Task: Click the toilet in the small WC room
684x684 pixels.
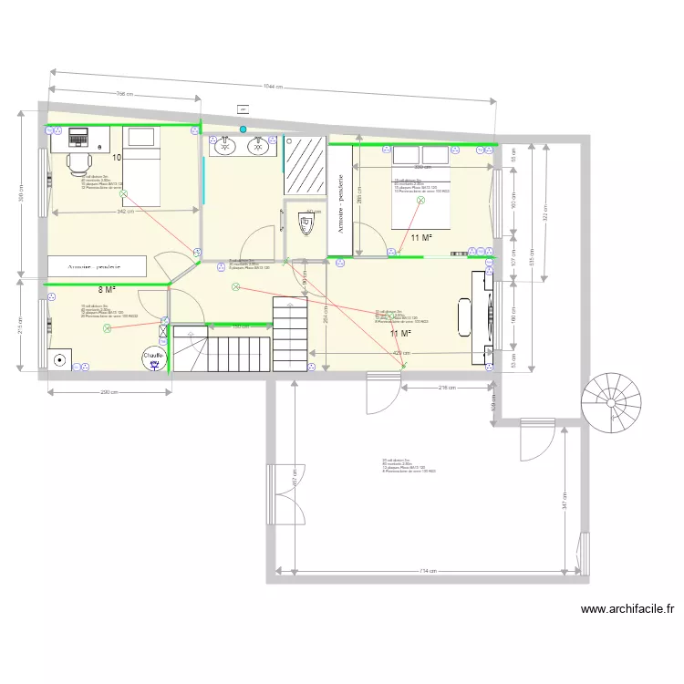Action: pyautogui.click(x=306, y=223)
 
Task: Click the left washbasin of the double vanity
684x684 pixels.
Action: pyautogui.click(x=224, y=143)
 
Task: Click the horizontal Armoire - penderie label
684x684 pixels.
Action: pyautogui.click(x=98, y=266)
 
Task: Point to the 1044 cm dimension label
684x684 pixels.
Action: pyautogui.click(x=273, y=88)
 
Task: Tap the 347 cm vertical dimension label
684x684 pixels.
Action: pyautogui.click(x=565, y=501)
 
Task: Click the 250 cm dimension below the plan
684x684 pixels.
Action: pyautogui.click(x=109, y=393)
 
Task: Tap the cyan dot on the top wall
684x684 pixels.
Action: pyautogui.click(x=243, y=130)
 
